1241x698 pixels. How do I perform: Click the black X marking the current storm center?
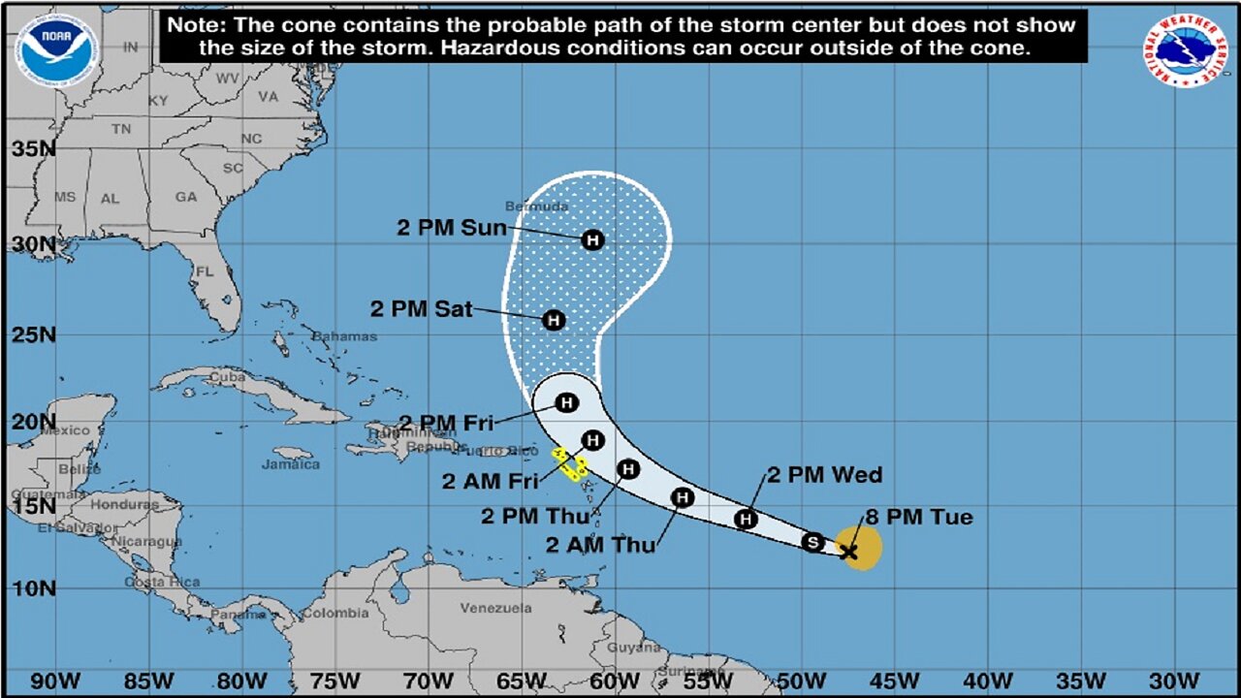click(848, 552)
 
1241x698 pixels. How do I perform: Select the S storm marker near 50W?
click(813, 542)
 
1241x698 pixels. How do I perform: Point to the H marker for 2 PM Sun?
click(592, 239)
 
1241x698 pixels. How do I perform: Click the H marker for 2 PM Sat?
click(553, 319)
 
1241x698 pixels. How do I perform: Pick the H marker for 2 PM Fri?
click(566, 402)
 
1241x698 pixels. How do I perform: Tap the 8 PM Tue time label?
click(917, 518)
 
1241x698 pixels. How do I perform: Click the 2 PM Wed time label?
click(825, 475)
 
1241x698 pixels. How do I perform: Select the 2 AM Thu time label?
click(600, 546)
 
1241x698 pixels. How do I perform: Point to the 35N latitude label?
click(33, 149)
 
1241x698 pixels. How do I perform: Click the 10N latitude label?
click(33, 587)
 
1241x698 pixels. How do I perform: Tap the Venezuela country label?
click(495, 608)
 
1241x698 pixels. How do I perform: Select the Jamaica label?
click(291, 464)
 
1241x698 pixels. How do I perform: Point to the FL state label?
click(205, 272)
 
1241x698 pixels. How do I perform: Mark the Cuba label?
click(229, 376)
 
